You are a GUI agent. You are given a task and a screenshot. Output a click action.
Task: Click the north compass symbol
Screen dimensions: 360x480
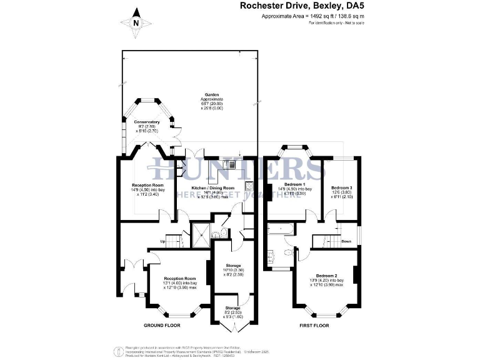pyautogui.click(x=137, y=23)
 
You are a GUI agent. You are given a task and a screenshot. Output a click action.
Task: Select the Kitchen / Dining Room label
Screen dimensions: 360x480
pyautogui.click(x=213, y=187)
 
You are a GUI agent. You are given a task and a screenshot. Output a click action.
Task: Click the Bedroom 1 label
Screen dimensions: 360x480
pyautogui.click(x=294, y=184)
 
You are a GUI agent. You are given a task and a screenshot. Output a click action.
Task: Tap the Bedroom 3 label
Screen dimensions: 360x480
pyautogui.click(x=342, y=187)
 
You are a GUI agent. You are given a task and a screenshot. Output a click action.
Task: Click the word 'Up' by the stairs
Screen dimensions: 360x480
pyautogui.click(x=163, y=241)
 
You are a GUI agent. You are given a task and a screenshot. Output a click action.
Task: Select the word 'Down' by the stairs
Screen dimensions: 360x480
pyautogui.click(x=346, y=241)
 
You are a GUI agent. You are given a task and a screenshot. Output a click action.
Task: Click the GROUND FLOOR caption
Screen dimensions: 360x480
pyautogui.click(x=162, y=326)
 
